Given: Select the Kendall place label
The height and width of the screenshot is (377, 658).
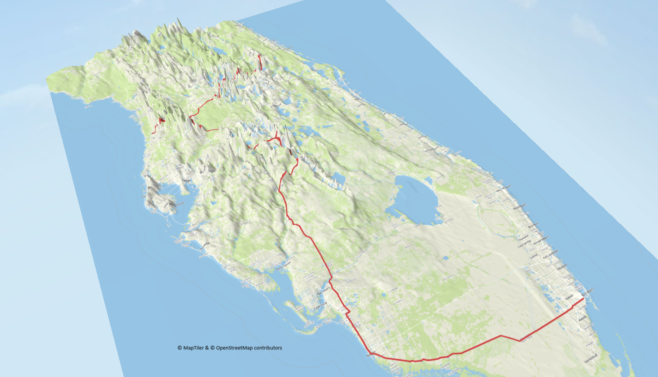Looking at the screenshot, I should [x=582, y=319].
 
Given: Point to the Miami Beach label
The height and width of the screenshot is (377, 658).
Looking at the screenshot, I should [x=587, y=291].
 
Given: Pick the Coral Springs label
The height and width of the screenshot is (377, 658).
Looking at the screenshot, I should [x=524, y=244].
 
